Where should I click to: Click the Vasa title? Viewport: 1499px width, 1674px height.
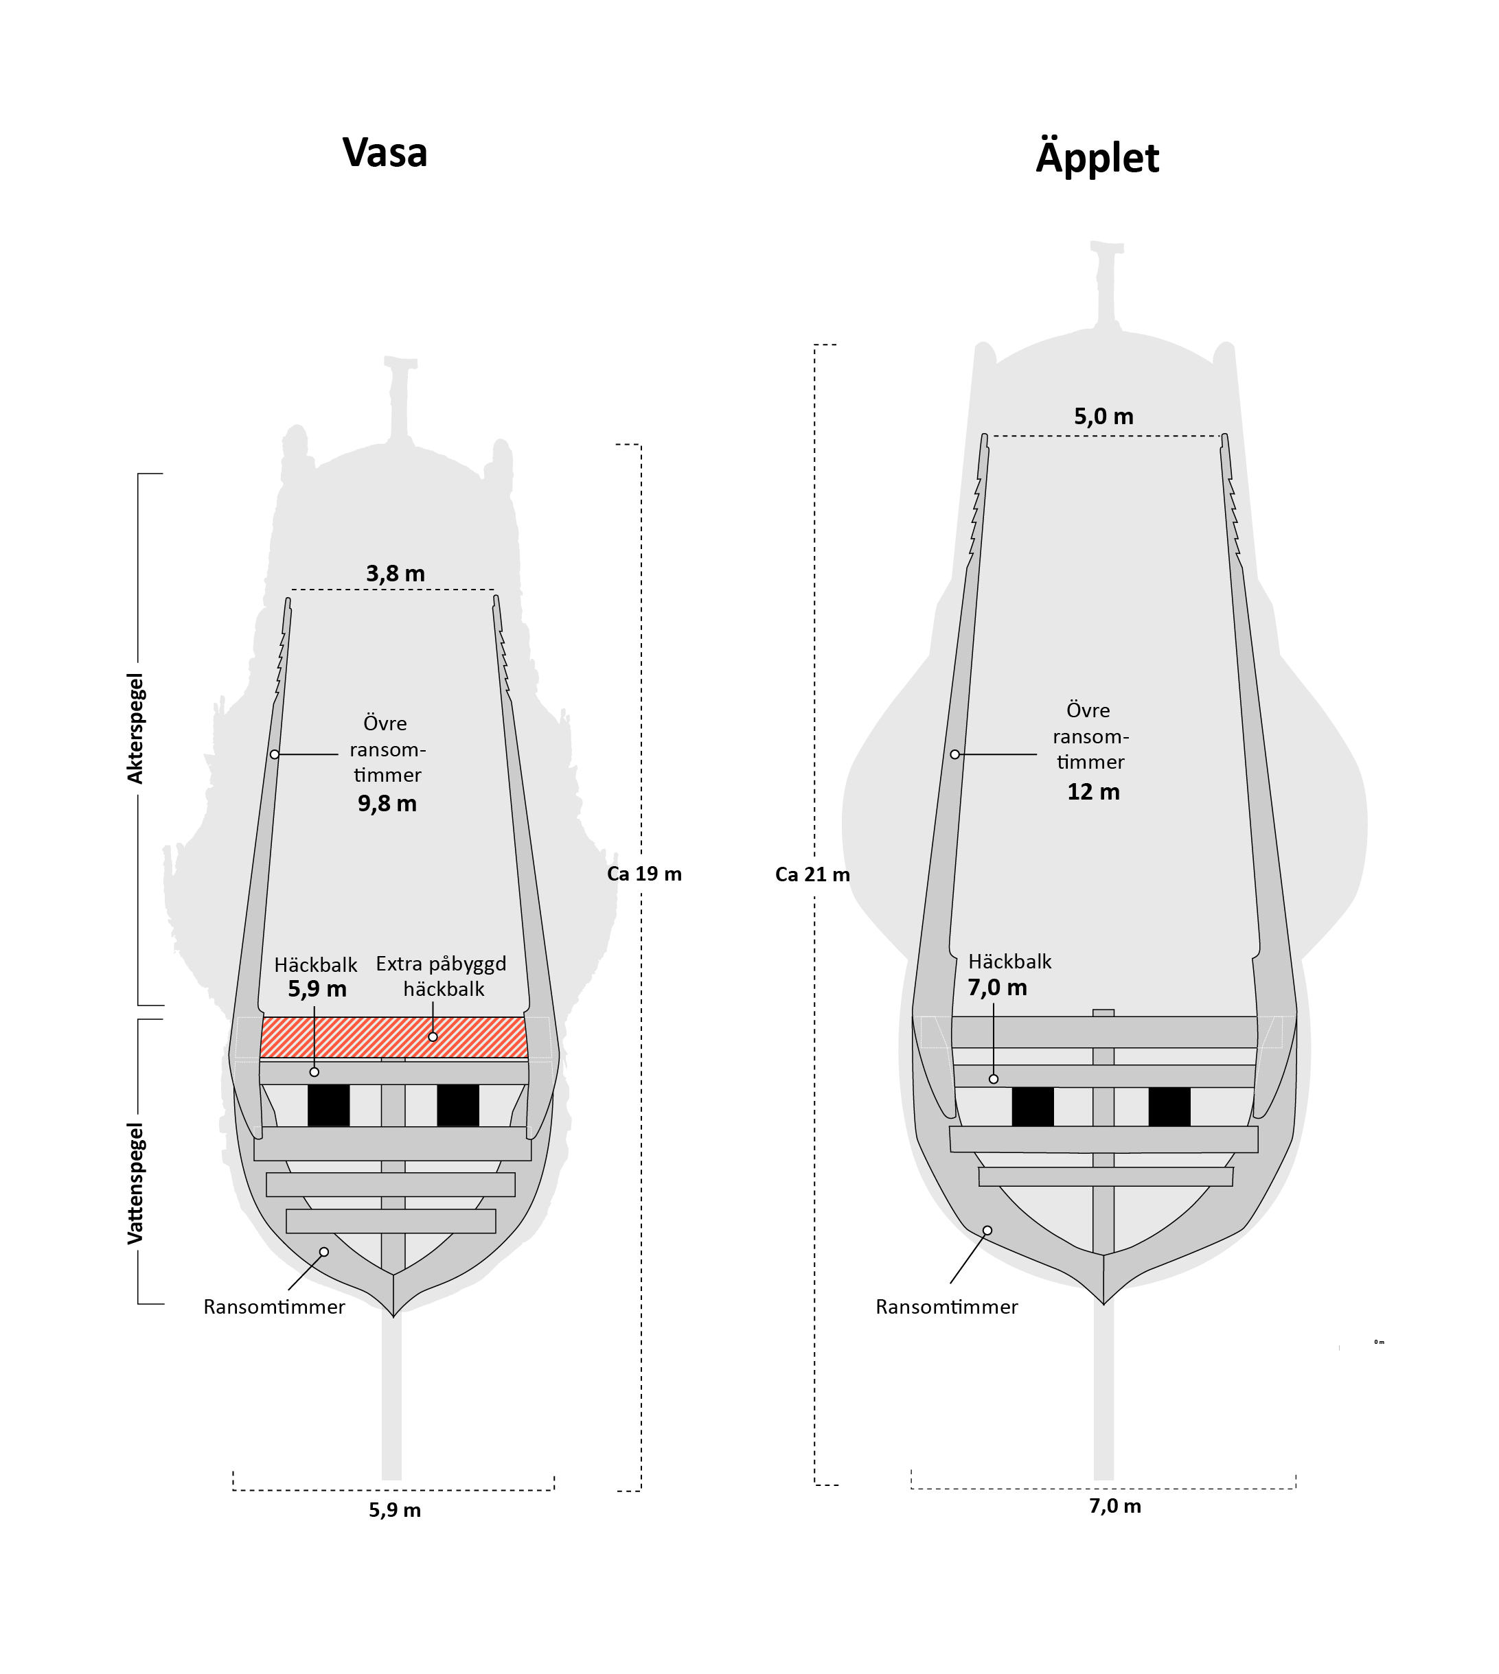[x=385, y=153]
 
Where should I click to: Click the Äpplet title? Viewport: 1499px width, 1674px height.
[x=1097, y=158]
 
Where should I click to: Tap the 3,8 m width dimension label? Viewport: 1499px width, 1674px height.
[x=396, y=574]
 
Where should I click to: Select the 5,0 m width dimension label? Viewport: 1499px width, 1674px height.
[x=1103, y=417]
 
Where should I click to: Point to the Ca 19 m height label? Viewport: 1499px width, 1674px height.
[x=644, y=874]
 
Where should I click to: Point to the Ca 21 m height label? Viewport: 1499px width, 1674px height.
[x=812, y=874]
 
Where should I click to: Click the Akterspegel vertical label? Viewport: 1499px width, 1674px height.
[x=135, y=728]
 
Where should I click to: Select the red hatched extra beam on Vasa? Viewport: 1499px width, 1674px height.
[x=393, y=1038]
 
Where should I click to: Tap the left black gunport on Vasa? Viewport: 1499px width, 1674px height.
[x=329, y=1106]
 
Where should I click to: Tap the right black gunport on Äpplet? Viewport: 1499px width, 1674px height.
[x=1169, y=1106]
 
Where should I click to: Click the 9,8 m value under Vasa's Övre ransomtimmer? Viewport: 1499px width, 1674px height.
[x=387, y=804]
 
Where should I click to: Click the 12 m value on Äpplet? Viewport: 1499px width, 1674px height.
[x=1093, y=792]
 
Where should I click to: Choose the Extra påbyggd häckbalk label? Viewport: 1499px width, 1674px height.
[x=442, y=976]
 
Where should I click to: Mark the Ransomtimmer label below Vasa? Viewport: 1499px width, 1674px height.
[x=274, y=1307]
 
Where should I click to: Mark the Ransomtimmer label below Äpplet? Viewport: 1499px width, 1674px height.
[x=946, y=1307]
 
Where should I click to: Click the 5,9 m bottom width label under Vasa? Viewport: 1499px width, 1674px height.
[x=395, y=1510]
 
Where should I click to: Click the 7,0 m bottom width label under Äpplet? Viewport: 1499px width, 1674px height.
[x=1115, y=1506]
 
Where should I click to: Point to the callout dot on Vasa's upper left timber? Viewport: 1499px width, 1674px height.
[x=274, y=754]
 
